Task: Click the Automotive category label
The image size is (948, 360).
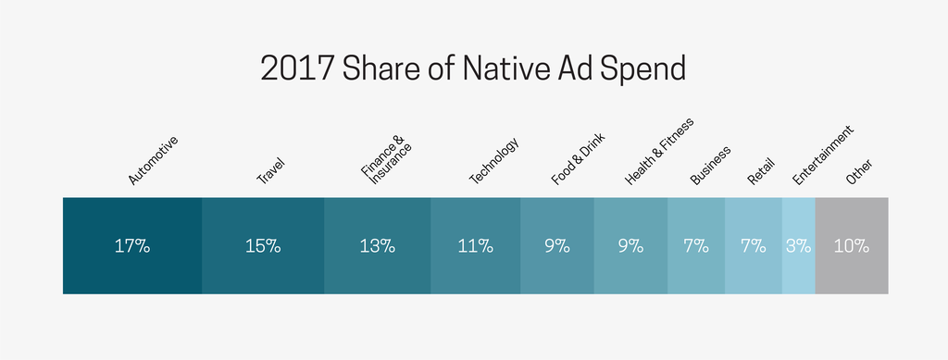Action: tap(152, 160)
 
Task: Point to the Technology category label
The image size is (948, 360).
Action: tap(493, 161)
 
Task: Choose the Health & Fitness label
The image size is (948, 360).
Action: tap(659, 151)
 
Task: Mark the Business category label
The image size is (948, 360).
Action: tap(711, 165)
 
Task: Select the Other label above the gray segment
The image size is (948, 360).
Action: tap(859, 171)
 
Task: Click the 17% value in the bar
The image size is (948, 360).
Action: tap(132, 246)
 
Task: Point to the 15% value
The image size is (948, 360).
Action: tap(263, 246)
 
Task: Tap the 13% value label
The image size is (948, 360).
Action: tap(377, 246)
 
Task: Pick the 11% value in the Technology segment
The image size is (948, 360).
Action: tap(475, 246)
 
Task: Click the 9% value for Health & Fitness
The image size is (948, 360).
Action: tap(630, 246)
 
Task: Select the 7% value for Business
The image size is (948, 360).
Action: tap(695, 246)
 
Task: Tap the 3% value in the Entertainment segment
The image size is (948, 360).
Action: tap(798, 246)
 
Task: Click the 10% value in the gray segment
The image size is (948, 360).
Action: tap(851, 246)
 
